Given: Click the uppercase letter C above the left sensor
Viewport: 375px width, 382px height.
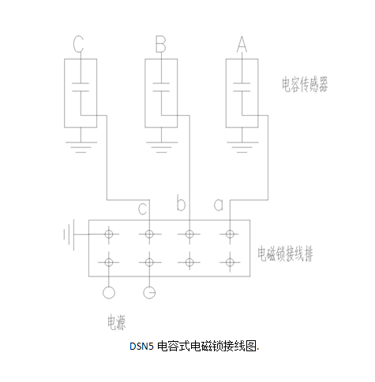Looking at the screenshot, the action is point(78,44).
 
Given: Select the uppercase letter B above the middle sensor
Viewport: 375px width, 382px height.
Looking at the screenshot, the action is point(161,44).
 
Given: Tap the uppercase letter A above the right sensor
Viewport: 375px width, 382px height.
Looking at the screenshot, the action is point(242,44).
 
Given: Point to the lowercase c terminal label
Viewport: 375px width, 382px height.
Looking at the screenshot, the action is point(142,209).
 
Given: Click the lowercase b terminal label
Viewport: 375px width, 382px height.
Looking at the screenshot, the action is point(181,202).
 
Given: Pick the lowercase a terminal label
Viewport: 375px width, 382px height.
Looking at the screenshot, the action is point(219,205).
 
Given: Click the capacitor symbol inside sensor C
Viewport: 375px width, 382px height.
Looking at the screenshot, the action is point(81,87).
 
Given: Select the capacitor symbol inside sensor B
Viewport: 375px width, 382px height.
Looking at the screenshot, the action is point(161,87).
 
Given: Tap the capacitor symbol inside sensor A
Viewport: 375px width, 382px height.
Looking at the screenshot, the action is point(242,87).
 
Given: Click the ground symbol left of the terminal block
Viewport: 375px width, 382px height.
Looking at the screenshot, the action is point(69,234).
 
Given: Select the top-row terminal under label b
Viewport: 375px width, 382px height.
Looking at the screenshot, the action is point(189,234).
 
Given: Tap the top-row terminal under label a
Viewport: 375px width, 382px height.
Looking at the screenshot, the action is point(230,234).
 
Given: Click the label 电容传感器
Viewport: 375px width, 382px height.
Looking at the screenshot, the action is point(305,84).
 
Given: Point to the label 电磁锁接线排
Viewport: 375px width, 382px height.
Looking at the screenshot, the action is point(286,254).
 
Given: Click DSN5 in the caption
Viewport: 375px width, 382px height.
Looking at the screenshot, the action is point(141,347).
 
